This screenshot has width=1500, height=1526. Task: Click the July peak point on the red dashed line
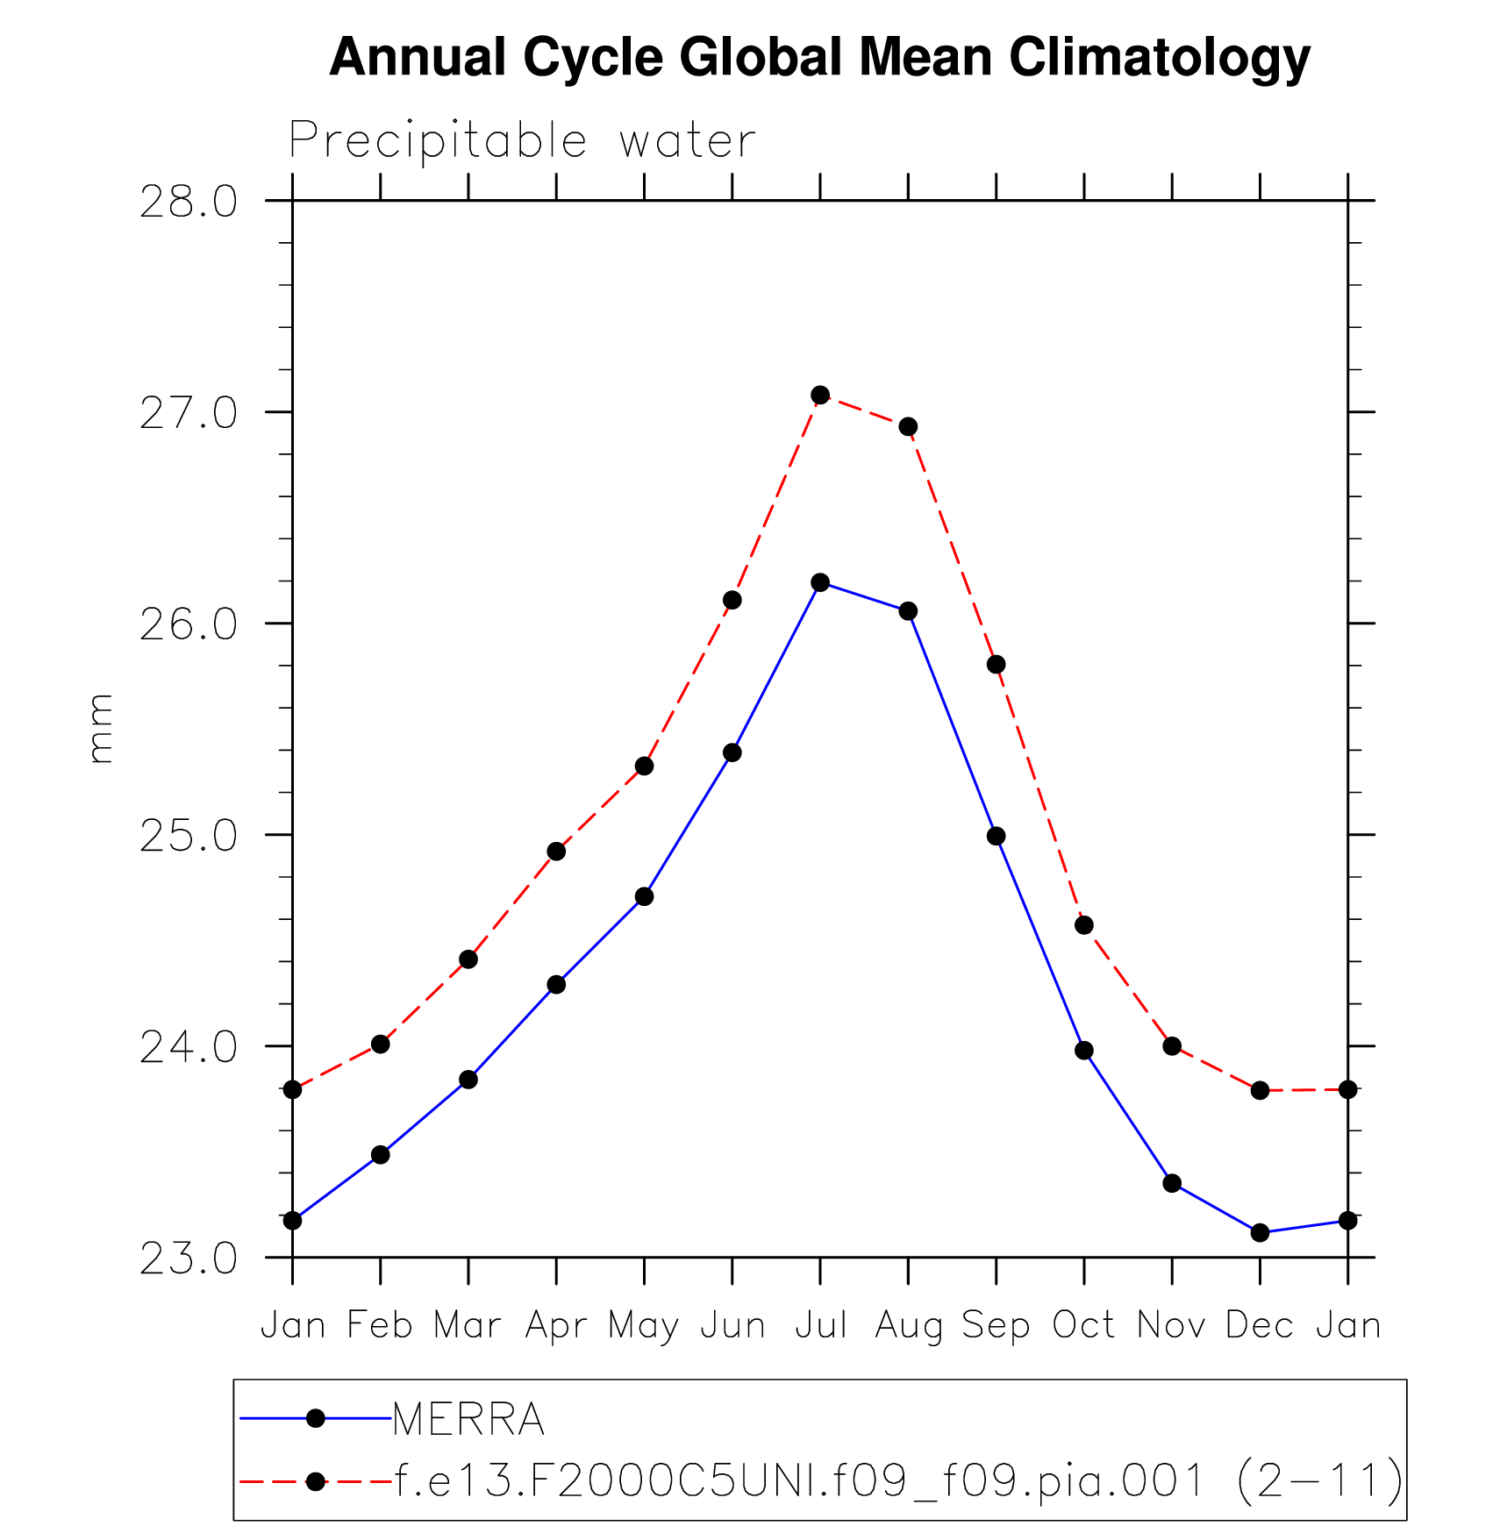tap(820, 395)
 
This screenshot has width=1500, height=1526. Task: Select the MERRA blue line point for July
tap(820, 582)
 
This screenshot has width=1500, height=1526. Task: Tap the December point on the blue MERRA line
tap(1260, 1232)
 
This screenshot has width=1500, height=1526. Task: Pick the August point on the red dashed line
tap(908, 426)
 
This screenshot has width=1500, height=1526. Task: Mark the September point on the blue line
tap(996, 836)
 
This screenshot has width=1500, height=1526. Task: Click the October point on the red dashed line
tap(1084, 925)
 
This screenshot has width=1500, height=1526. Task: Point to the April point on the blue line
tap(556, 984)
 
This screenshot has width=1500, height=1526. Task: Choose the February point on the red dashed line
tap(380, 1044)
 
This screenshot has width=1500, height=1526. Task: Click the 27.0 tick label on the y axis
tap(189, 413)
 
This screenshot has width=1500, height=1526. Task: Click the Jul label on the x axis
tap(820, 1325)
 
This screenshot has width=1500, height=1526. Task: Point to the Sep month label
tap(996, 1325)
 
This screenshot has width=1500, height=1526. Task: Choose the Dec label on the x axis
tap(1260, 1325)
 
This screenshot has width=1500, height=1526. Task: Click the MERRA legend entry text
tap(468, 1419)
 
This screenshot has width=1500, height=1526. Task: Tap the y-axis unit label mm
tap(100, 728)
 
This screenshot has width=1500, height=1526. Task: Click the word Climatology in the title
tap(1159, 58)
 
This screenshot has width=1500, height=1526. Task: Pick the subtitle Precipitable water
tap(522, 140)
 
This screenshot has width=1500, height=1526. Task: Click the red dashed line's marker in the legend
tap(316, 1481)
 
